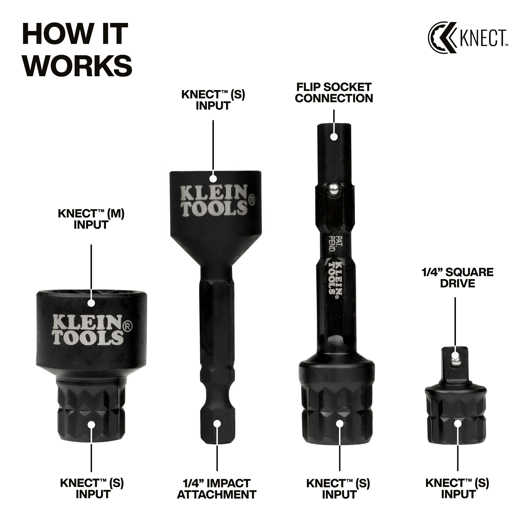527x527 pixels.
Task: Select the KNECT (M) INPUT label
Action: click(91, 219)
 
